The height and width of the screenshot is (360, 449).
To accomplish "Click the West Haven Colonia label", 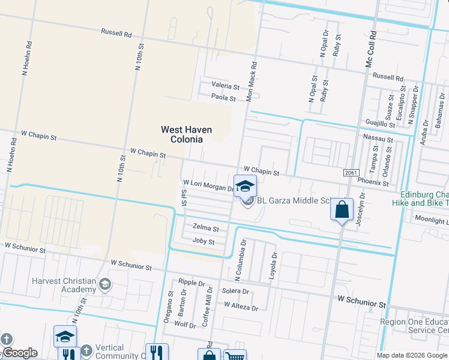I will click(181, 134).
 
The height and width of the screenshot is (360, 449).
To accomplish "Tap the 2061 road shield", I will click(352, 173).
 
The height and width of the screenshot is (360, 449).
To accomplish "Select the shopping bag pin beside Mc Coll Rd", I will click(342, 211).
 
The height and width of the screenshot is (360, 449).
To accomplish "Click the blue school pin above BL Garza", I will click(245, 186).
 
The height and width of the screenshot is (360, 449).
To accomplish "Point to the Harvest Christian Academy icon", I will click(105, 284).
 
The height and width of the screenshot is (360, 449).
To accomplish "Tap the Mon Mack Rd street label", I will click(252, 82).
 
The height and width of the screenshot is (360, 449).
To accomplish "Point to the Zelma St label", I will click(206, 229).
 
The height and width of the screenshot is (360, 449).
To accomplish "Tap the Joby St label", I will click(203, 242).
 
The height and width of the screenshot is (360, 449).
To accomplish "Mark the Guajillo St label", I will click(380, 122).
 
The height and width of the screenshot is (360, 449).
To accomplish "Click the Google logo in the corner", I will click(20, 353).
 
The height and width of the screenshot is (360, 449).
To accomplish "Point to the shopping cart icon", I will click(235, 355).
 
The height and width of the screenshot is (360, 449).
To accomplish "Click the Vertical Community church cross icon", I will click(86, 350).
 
